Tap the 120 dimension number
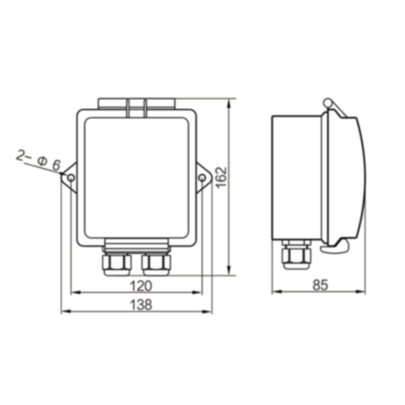tap(137, 286)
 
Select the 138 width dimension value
tap(137, 305)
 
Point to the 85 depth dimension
tap(320, 285)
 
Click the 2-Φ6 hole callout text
tap(38, 159)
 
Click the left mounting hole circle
tap(71, 178)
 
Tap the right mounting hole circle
tap(202, 178)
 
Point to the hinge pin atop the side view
tap(327, 103)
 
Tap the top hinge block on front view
tap(136, 103)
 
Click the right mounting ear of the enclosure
tap(202, 177)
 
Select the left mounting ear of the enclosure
tap(70, 178)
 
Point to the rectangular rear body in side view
tap(296, 177)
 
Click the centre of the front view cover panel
tap(136, 177)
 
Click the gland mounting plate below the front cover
tap(136, 244)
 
